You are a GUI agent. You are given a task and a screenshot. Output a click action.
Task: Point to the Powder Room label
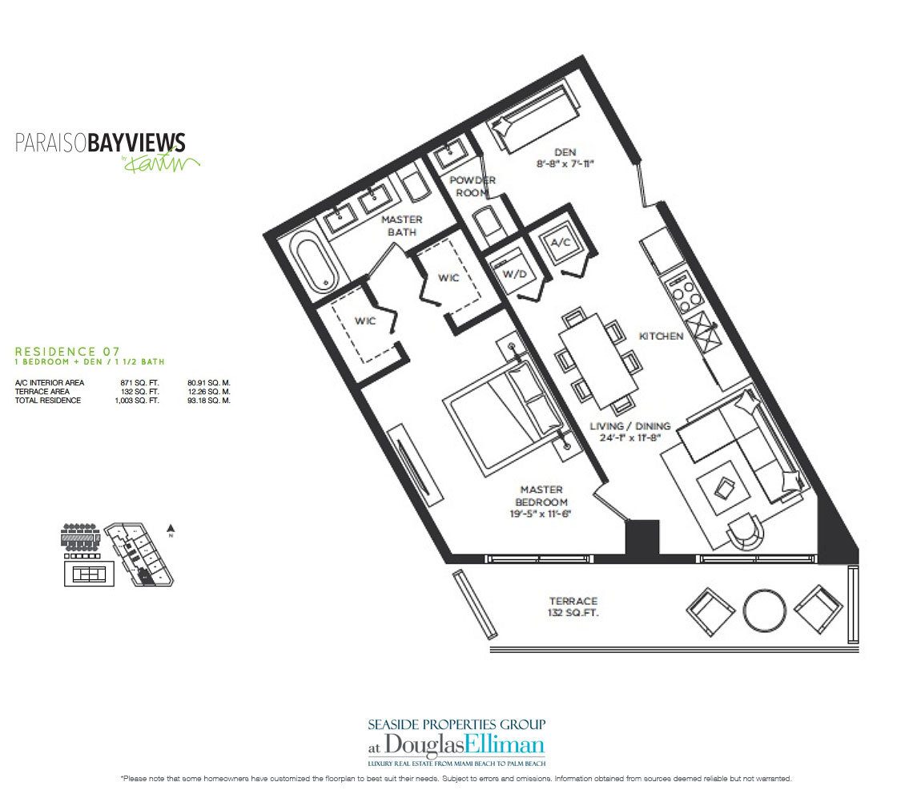pos(472,186)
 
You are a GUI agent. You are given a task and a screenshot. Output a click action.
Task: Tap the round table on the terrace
pos(765,611)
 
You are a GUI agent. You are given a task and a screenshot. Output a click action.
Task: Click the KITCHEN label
pos(661,336)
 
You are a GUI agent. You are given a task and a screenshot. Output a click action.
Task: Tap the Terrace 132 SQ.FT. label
pos(573,607)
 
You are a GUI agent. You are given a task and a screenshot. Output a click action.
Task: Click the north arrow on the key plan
pos(170,528)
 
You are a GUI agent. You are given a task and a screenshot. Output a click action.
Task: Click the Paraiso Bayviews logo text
pos(101,143)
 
